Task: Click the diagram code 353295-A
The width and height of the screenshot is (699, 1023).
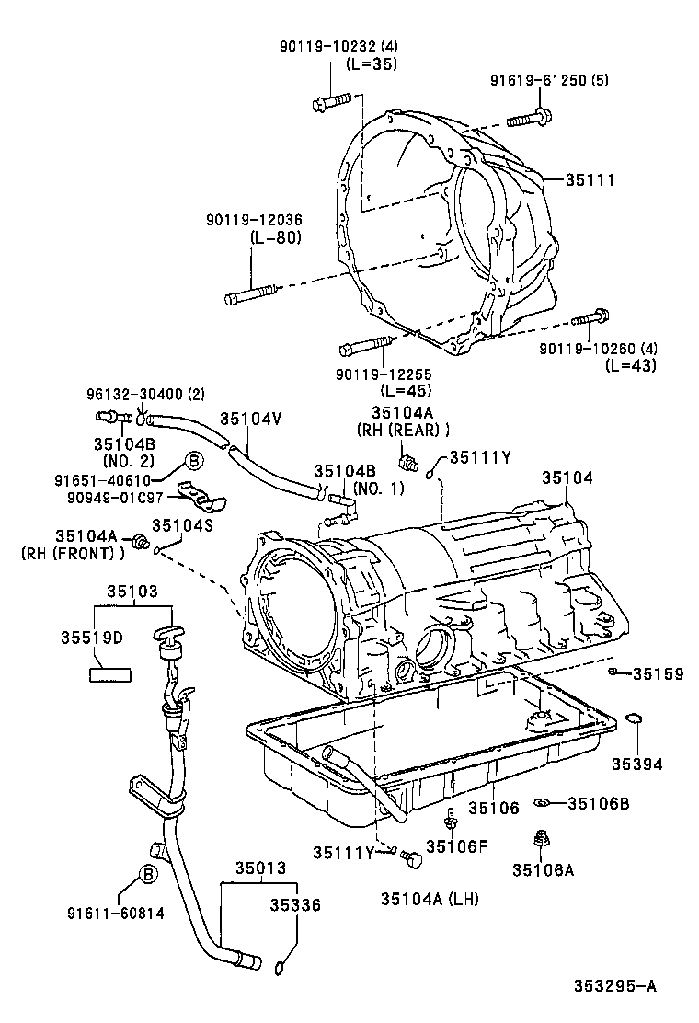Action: tap(615, 987)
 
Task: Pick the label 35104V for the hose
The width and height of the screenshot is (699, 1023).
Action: tap(250, 420)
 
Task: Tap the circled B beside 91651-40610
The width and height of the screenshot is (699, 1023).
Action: tap(194, 461)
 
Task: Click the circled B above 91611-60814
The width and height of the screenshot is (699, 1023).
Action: tap(146, 875)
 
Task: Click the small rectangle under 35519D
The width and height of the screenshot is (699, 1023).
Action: tap(109, 672)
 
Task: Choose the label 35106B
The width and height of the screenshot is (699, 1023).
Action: tap(598, 803)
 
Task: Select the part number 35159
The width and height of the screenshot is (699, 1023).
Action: tap(658, 674)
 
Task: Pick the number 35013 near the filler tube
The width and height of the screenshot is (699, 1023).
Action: tap(259, 867)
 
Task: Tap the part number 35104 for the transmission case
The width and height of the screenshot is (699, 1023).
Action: tap(567, 479)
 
